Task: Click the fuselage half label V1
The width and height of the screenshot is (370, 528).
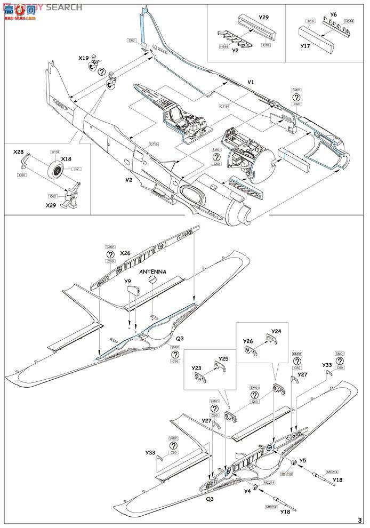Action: click(x=251, y=83)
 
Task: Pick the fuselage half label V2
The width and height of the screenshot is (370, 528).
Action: click(x=128, y=180)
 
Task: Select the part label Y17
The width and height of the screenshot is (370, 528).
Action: click(x=305, y=45)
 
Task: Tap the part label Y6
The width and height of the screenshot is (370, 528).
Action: click(x=333, y=14)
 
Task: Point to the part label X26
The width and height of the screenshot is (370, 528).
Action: click(x=125, y=253)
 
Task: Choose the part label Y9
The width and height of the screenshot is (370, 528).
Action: click(x=128, y=281)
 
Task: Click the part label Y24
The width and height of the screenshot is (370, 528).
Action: click(x=276, y=331)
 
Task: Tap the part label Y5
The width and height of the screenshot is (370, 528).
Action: click(x=302, y=460)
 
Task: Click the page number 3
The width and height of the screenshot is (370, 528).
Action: click(x=360, y=520)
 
